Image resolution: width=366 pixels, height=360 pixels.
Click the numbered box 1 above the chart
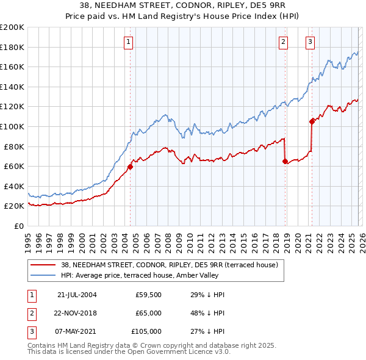[129, 42]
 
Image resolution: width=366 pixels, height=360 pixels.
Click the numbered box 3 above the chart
[310, 42]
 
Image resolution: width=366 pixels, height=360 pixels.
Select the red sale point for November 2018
[285, 161]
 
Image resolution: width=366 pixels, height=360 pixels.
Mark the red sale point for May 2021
[312, 121]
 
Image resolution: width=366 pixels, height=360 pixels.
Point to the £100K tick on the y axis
[12, 126]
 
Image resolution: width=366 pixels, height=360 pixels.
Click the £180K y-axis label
[12, 47]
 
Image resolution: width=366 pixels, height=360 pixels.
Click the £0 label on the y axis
[18, 226]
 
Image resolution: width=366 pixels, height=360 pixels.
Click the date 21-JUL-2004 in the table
[77, 295]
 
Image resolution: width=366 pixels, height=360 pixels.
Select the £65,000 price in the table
[148, 313]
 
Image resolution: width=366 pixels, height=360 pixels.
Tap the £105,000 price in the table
[146, 331]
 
